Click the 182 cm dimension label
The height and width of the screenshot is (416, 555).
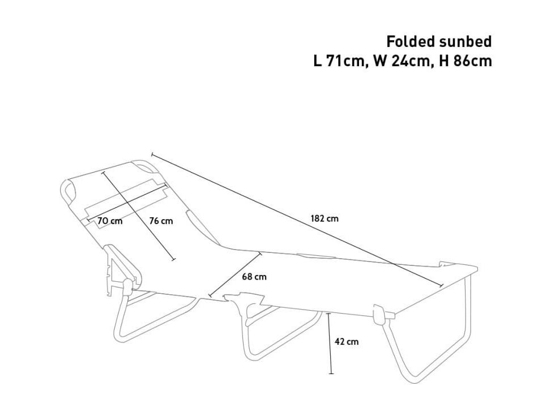click(325, 218)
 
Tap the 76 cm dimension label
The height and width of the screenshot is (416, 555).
click(161, 221)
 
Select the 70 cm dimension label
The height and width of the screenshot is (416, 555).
click(110, 221)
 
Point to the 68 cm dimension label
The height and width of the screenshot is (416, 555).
click(254, 277)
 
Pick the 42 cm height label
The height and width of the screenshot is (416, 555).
click(347, 342)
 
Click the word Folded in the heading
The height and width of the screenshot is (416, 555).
click(411, 42)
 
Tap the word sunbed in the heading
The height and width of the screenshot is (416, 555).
click(466, 42)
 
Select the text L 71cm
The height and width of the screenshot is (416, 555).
click(339, 61)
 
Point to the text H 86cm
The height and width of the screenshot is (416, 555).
click(466, 61)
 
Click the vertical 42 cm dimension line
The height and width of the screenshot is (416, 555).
click(330, 343)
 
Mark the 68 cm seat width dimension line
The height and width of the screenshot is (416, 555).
click(236, 274)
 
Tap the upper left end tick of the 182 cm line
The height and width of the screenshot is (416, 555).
click(152, 155)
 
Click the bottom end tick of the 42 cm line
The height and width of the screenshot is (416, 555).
click(331, 373)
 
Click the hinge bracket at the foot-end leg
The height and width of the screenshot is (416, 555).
click(379, 315)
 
